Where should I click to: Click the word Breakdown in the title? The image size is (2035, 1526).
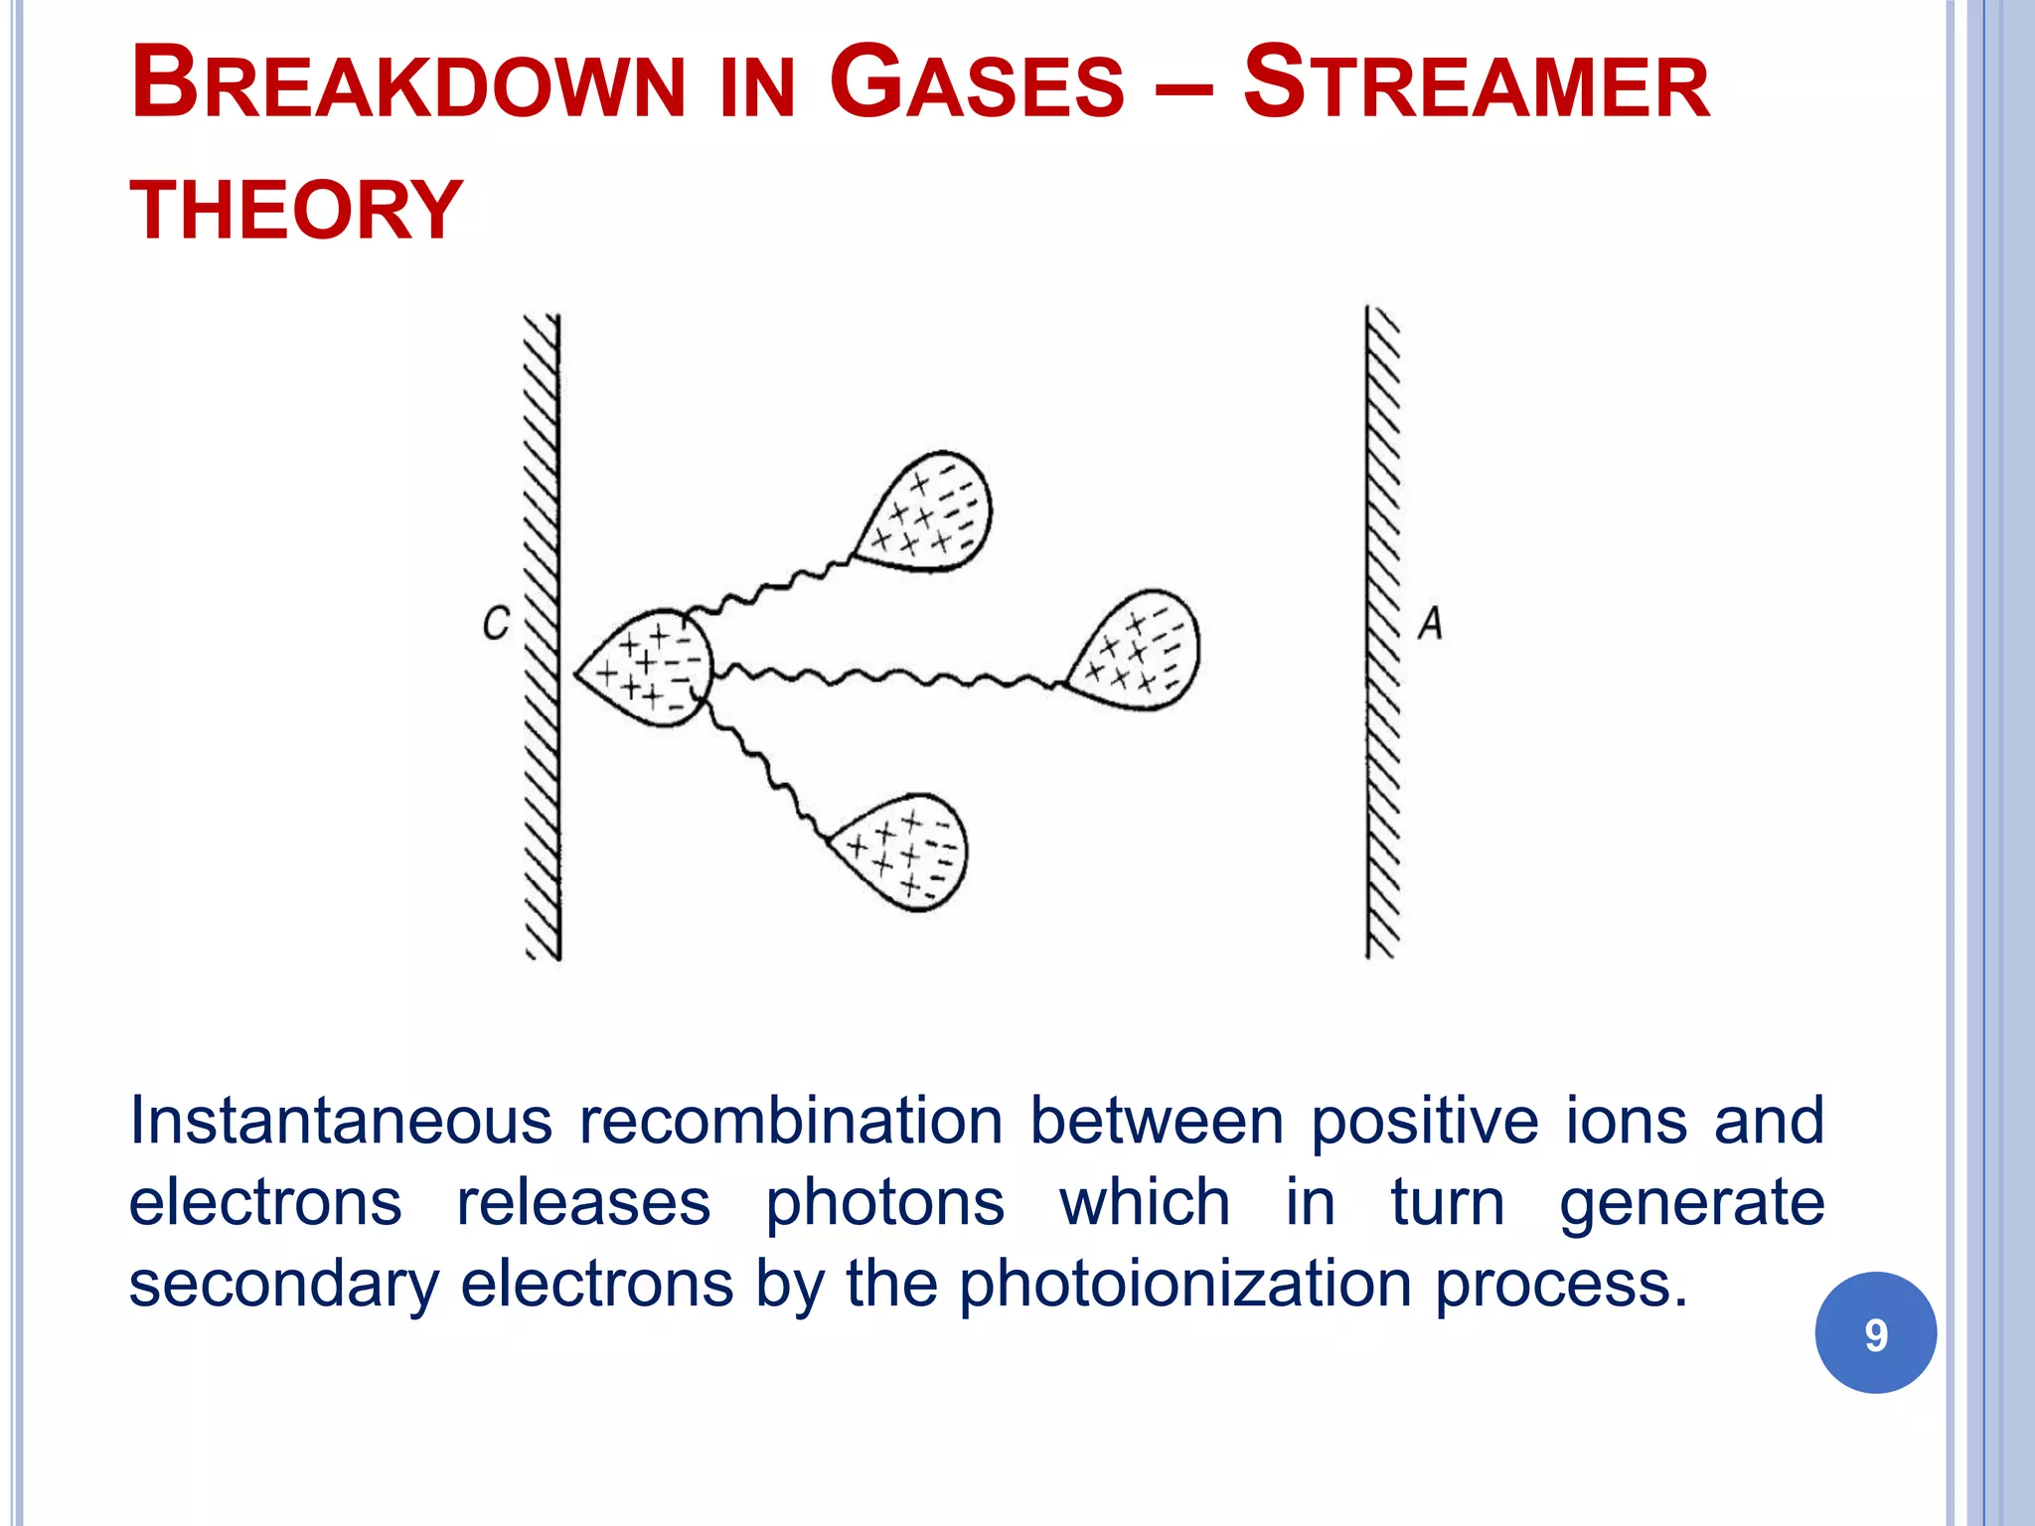pos(407,83)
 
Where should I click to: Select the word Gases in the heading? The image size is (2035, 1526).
pos(976,83)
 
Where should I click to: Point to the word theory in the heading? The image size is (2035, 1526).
pos(296,211)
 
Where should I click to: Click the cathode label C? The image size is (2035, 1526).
pos(496,623)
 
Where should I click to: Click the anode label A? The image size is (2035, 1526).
pos(1430,623)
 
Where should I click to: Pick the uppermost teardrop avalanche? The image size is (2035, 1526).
pos(928,513)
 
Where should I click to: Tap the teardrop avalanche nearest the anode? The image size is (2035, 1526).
pos(1138,651)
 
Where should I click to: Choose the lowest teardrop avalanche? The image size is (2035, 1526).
pos(904,850)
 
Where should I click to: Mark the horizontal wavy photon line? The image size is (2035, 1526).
pos(884,678)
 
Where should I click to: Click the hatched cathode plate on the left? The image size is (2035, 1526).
pos(543,636)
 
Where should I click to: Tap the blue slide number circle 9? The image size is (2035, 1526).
pos(1875,1333)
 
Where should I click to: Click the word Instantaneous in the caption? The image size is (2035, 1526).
pos(341,1121)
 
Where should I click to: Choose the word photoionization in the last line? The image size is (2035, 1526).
pos(1184,1284)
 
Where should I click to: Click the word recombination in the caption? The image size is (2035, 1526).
pos(791,1121)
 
